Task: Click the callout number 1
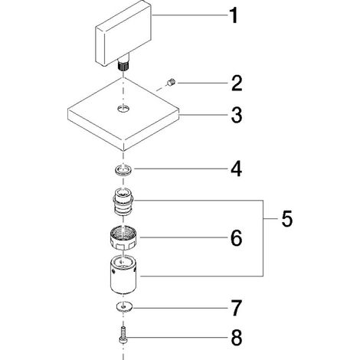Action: point(234,15)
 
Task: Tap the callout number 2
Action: point(237,83)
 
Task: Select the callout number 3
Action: point(237,115)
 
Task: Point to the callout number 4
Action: point(237,169)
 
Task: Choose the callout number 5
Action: point(287,218)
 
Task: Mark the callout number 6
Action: point(237,237)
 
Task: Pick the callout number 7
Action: point(237,308)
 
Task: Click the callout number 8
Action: point(237,338)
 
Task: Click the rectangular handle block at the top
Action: point(123,33)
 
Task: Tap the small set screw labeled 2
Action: point(171,83)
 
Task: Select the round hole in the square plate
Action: point(124,109)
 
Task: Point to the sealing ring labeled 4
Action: point(123,169)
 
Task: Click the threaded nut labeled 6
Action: point(124,239)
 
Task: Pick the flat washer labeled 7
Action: point(124,307)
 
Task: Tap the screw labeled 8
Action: point(123,335)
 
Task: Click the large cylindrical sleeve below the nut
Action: point(123,275)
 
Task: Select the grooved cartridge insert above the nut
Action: point(123,201)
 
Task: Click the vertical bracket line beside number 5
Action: point(263,238)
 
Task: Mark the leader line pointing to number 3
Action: point(204,115)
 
